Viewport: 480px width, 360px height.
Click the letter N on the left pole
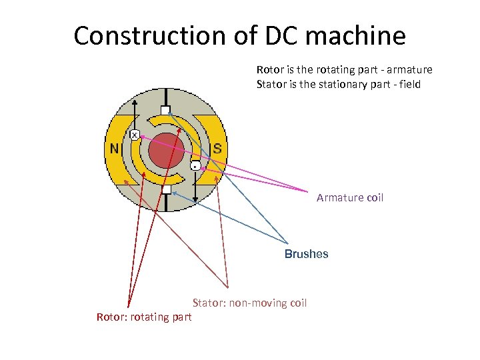click(x=115, y=147)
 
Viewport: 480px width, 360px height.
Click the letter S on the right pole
click(x=217, y=147)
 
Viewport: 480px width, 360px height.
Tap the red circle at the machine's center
click(x=166, y=151)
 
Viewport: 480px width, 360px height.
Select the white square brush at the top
click(x=166, y=111)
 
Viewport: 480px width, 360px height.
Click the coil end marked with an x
click(x=135, y=135)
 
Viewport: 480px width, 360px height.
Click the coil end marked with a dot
click(x=195, y=165)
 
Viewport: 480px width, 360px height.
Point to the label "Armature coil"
click(x=350, y=198)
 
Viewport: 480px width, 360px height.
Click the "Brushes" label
click(x=306, y=254)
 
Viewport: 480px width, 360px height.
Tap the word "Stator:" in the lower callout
click(x=209, y=303)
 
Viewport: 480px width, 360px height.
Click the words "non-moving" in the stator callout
click(x=257, y=303)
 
